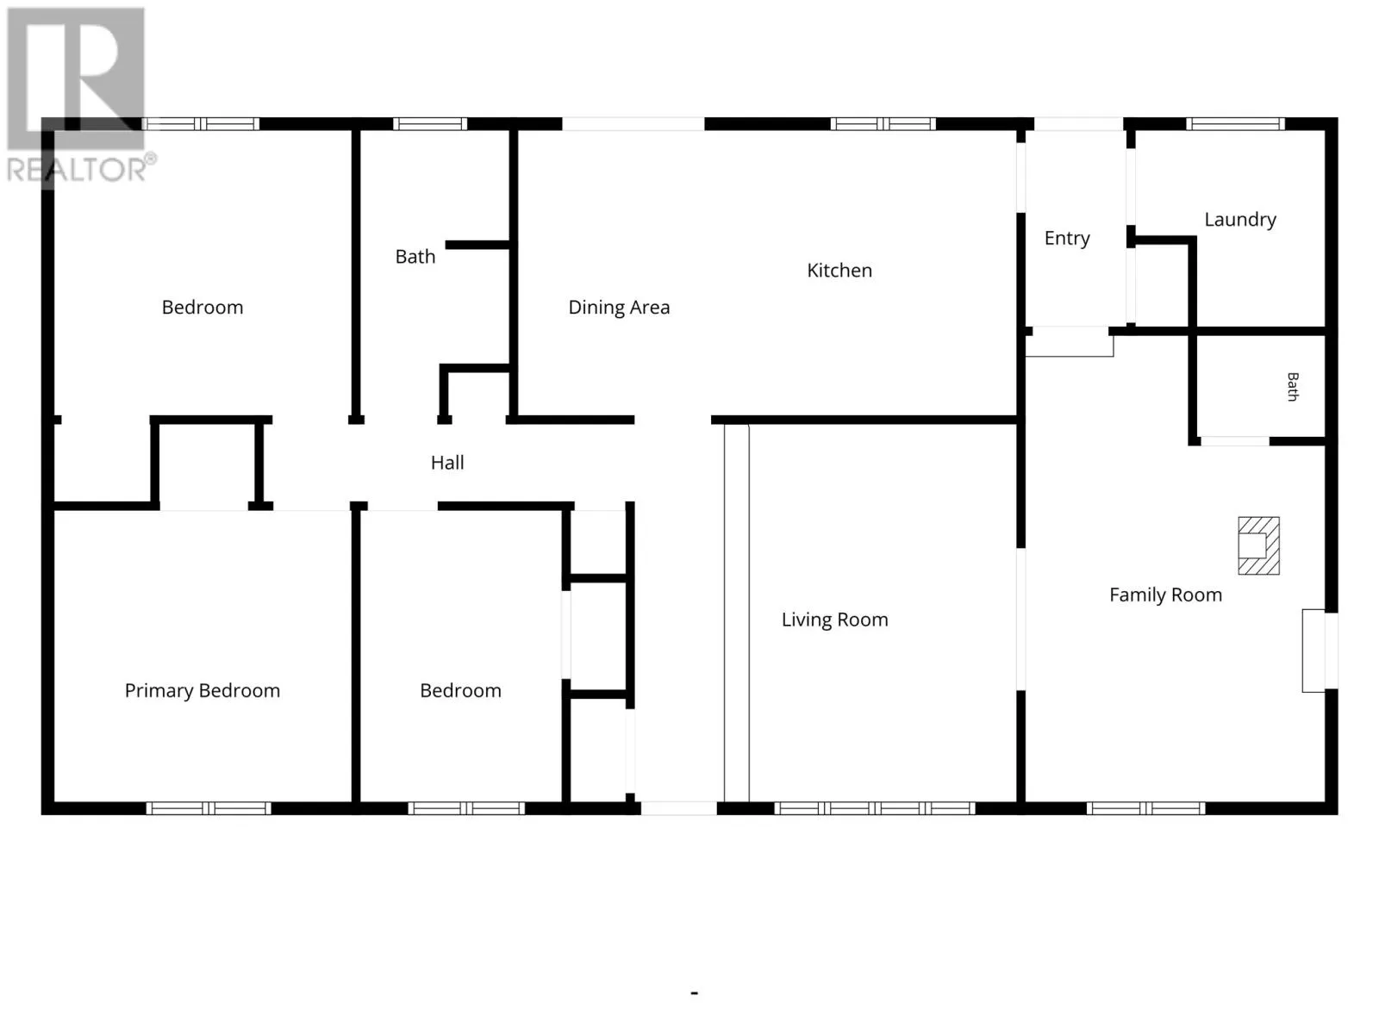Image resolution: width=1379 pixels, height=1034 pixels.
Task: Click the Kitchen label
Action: click(x=839, y=271)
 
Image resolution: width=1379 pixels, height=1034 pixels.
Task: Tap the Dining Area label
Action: click(x=619, y=308)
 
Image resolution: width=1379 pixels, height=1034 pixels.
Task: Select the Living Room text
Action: click(x=834, y=620)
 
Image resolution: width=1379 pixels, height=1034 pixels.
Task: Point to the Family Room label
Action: click(x=1165, y=595)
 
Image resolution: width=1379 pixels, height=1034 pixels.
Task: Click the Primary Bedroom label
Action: click(x=203, y=690)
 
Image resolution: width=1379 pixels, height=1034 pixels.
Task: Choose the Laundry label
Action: click(x=1240, y=220)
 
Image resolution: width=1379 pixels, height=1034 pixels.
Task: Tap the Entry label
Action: click(x=1067, y=239)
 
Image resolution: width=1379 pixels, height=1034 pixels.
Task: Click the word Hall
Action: click(x=447, y=463)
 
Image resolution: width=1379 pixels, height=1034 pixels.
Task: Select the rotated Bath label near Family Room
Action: click(x=1292, y=387)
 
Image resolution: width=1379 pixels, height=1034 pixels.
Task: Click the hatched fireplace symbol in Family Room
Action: click(x=1258, y=545)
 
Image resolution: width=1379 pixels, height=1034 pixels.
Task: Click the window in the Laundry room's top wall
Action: click(x=1235, y=124)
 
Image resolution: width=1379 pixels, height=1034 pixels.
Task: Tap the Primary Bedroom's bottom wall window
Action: click(x=209, y=808)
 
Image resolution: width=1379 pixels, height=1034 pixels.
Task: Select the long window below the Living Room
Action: click(x=875, y=808)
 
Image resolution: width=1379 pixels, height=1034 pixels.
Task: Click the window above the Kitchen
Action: click(x=883, y=124)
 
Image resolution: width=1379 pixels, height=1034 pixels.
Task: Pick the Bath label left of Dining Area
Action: click(x=415, y=257)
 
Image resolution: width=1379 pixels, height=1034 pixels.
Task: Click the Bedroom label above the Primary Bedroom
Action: click(x=203, y=308)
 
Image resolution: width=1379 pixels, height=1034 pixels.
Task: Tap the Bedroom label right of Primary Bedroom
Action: click(x=460, y=690)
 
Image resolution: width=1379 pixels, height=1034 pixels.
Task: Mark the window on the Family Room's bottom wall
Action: click(x=1146, y=808)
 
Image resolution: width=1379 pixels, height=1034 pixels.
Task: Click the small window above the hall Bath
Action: click(x=430, y=124)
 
